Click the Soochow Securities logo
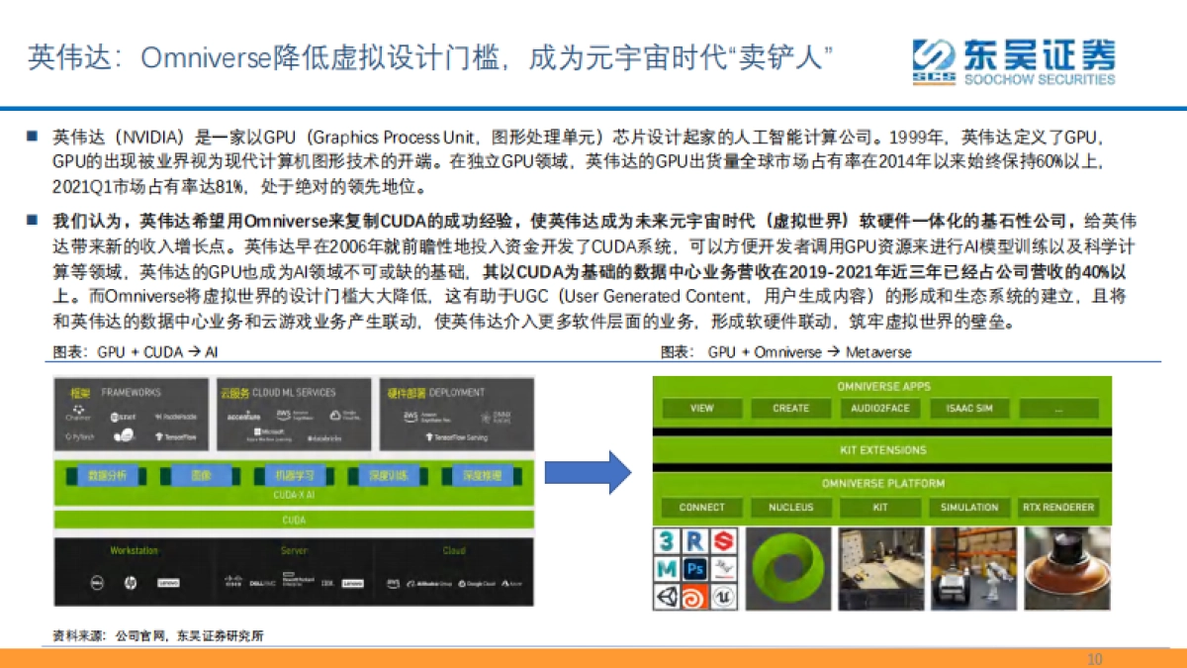1013,61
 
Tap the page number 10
1094,659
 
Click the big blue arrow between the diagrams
588,472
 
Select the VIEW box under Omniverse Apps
701,409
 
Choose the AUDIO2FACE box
880,409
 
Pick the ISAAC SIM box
969,409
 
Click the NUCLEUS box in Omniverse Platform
790,508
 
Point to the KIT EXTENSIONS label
882,450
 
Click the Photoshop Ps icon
695,569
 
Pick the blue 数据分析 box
107,476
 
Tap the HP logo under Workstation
130,584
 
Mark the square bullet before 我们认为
33,219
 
